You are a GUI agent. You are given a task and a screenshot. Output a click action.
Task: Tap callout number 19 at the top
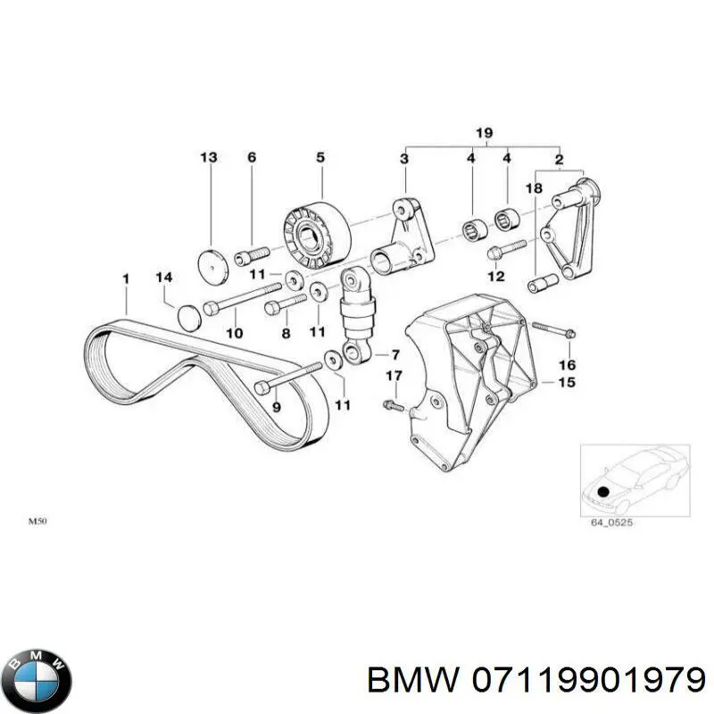coord(483,134)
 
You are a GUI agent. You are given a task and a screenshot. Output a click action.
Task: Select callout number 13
coord(208,158)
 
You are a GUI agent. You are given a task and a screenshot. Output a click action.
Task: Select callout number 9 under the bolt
coord(276,407)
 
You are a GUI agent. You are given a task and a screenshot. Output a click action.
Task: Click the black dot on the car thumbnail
coord(603,492)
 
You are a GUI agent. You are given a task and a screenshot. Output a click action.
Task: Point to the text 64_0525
coord(611,523)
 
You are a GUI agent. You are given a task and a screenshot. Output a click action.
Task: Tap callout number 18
coord(533,188)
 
